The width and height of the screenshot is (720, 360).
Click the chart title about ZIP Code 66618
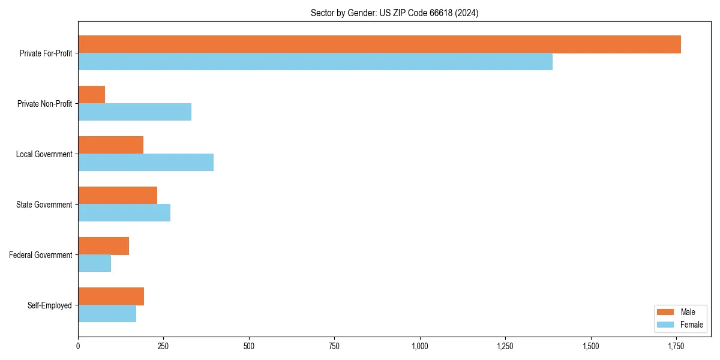(394, 13)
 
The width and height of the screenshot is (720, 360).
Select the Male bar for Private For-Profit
(379, 44)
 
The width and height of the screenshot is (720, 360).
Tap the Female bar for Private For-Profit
(315, 62)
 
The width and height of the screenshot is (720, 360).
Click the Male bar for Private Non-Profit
(92, 95)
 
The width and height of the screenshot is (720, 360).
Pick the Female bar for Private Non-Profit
(135, 112)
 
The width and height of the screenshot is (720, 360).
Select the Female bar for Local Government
(146, 163)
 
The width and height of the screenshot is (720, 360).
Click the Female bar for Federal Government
(95, 263)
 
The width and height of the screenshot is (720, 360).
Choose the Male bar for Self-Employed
(111, 296)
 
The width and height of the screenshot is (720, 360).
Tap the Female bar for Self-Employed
(107, 314)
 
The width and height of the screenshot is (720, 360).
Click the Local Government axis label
(44, 154)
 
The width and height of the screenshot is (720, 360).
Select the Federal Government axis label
(41, 255)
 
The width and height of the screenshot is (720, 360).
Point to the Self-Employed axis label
(50, 305)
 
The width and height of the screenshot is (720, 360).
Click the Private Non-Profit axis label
(44, 104)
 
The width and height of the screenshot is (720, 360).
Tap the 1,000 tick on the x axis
(420, 346)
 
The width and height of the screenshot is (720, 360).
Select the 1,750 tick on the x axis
(676, 346)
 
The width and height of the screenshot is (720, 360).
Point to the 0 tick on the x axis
(78, 346)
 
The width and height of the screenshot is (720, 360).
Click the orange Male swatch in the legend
(666, 312)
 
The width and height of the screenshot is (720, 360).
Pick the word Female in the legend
(692, 325)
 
